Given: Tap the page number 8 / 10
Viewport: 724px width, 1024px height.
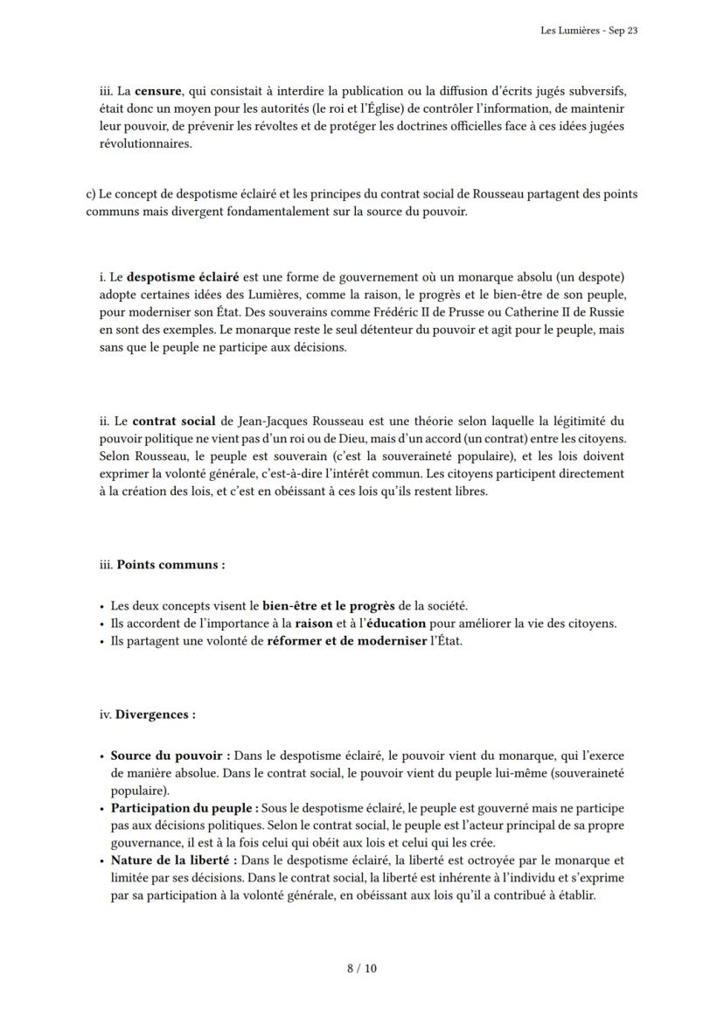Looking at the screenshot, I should click(x=361, y=968).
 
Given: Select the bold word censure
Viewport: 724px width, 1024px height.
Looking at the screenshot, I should click(x=158, y=91).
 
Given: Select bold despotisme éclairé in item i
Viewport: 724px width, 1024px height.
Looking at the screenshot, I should click(x=185, y=276).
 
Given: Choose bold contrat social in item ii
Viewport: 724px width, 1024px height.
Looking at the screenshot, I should click(x=174, y=421).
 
